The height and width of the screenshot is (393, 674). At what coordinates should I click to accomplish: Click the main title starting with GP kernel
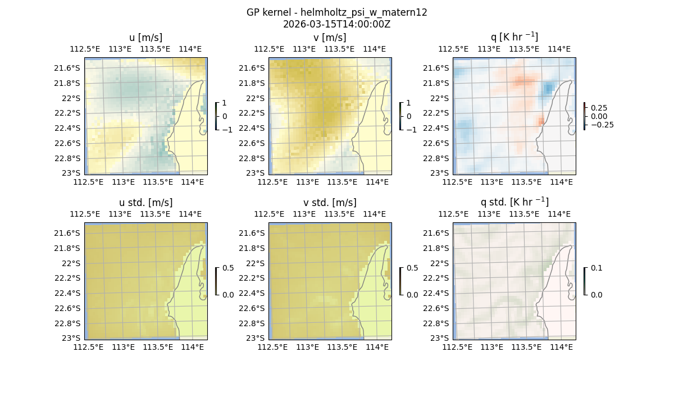[x=336, y=12]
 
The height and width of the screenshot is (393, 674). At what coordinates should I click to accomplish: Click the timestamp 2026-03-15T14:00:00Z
[x=336, y=24]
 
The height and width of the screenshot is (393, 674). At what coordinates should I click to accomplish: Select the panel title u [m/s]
[x=145, y=38]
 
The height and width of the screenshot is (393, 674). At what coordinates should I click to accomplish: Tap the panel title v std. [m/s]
[x=330, y=203]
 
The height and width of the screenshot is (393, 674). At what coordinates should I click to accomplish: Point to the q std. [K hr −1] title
[x=514, y=202]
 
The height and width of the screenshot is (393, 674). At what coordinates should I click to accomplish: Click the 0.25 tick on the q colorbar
[x=598, y=108]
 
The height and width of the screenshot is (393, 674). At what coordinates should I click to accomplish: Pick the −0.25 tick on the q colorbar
[x=601, y=125]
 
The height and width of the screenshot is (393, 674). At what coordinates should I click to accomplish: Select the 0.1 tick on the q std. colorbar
[x=595, y=268]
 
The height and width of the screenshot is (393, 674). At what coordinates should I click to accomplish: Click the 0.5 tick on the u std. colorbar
[x=228, y=268]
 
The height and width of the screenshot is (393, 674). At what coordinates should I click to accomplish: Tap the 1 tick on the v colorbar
[x=408, y=103]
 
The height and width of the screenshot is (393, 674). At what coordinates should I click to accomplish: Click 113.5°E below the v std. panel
[x=342, y=347]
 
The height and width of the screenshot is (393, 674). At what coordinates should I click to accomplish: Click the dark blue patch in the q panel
[x=548, y=88]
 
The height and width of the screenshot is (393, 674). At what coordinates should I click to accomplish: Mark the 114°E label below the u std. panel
[x=192, y=347]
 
